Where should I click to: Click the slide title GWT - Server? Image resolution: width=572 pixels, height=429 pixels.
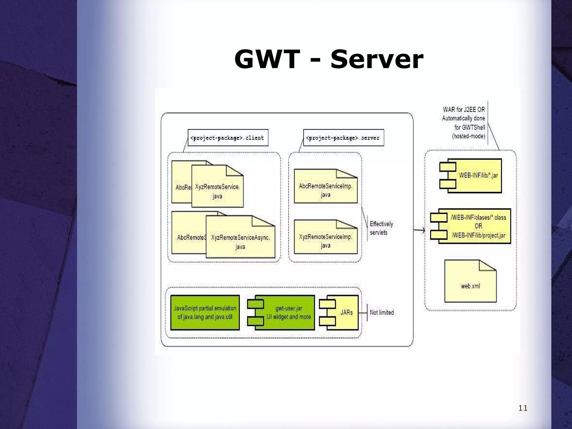329,59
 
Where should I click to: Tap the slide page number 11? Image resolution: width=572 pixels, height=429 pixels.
523,408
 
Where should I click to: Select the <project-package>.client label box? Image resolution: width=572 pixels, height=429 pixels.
228,138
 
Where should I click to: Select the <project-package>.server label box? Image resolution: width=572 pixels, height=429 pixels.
344,138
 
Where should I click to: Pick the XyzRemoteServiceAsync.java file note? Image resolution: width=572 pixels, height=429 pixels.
240,242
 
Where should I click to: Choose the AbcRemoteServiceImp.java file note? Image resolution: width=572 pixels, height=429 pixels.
326,190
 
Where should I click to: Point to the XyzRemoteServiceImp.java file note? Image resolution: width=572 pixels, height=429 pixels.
326,241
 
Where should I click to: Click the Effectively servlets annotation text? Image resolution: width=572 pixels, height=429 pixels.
381,228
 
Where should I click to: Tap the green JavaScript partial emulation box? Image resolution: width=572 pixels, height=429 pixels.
205,313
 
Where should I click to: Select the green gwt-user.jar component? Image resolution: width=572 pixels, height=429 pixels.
288,313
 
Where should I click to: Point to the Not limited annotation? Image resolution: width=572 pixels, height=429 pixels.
382,313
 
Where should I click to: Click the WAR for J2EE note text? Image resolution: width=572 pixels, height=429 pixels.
464,118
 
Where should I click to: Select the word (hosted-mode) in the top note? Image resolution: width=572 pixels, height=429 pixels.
468,136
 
